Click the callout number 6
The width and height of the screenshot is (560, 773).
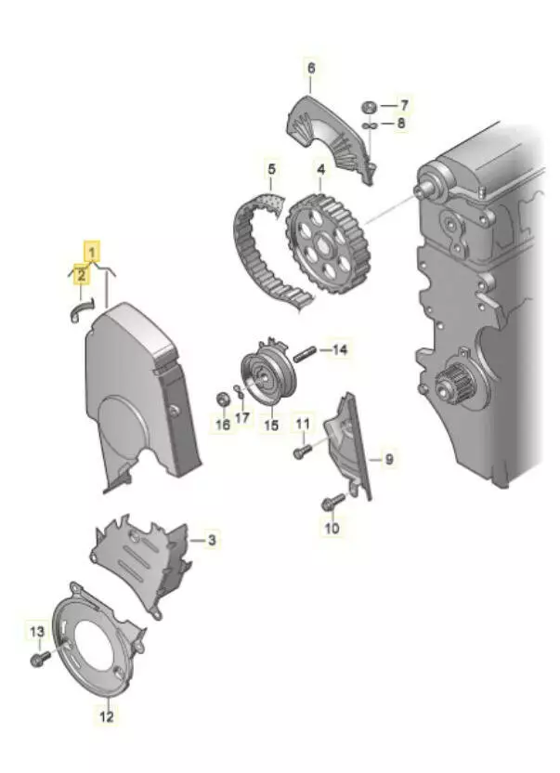311,68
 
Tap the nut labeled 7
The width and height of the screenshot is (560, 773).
369,105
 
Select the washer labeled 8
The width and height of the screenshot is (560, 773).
369,123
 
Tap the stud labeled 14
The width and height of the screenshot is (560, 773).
307,351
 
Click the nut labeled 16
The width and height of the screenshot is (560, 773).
222,400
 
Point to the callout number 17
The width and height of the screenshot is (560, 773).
242,418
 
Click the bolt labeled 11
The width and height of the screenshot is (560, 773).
299,452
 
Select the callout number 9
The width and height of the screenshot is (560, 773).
389,459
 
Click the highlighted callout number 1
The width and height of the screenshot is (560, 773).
92,250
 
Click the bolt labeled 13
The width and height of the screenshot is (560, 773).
39,658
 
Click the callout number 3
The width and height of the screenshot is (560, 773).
212,540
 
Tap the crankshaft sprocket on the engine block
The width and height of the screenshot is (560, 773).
454,382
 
